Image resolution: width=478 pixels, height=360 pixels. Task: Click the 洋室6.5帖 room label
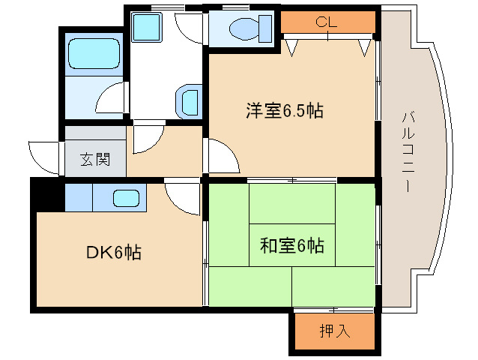pos(284,112)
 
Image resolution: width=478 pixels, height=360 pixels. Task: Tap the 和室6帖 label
pos(291,245)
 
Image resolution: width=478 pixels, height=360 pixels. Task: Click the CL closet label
pos(326,21)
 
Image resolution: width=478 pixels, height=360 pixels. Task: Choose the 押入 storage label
pos(334,331)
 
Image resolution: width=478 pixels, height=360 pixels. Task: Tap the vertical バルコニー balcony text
pos(408,150)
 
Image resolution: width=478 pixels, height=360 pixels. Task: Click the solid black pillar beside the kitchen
pos(47,195)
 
